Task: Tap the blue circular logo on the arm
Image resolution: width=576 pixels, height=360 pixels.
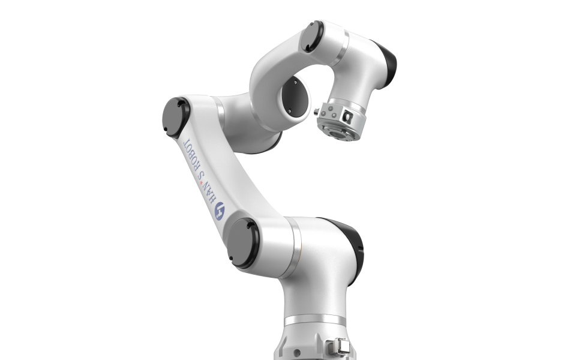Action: coord(220,211)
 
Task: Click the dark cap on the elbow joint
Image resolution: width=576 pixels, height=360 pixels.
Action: coord(176,118)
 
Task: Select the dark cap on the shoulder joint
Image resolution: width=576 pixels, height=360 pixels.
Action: coord(243,243)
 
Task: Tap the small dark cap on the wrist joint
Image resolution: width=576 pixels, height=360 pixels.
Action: coord(312,37)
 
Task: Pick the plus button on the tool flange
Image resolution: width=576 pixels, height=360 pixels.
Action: coord(330,109)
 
